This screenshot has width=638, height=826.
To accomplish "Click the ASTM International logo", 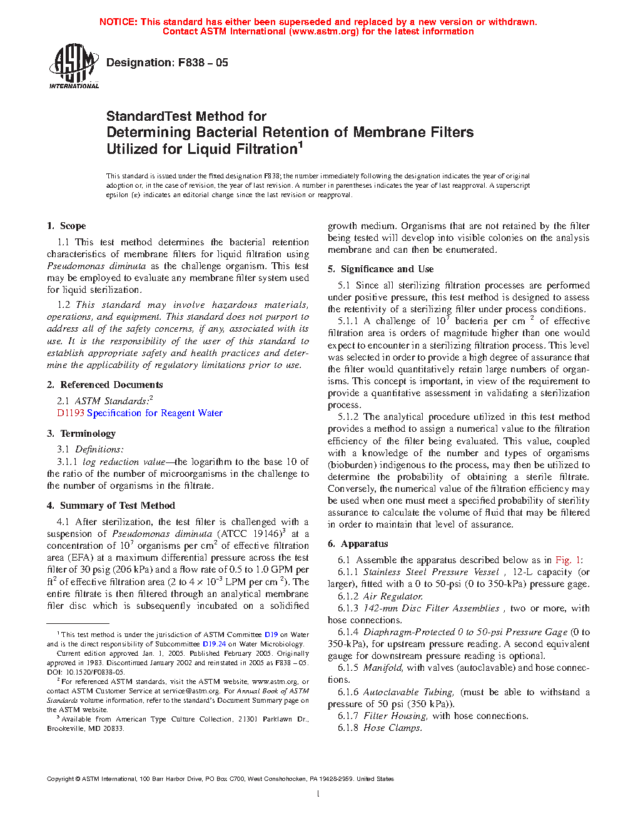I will click(74, 66).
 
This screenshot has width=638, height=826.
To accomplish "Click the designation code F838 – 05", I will click(203, 63).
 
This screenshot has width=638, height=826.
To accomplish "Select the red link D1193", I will click(70, 413).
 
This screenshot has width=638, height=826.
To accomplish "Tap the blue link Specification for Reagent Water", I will click(154, 413).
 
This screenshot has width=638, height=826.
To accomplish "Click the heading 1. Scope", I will click(66, 226).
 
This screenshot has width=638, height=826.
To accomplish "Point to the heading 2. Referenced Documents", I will click(104, 385).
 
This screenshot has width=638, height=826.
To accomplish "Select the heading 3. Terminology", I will click(81, 434).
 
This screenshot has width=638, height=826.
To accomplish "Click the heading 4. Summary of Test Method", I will click(111, 506).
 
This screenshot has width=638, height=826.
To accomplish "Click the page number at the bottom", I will click(318, 794).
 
